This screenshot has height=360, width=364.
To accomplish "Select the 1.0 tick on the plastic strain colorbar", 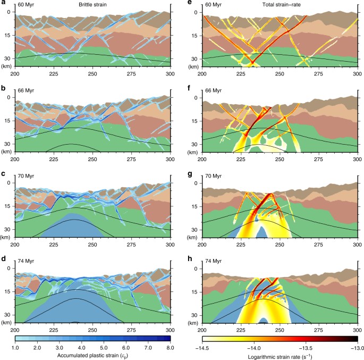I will coord(15,346).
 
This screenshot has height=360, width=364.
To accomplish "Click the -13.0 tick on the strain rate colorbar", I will coord(357,346).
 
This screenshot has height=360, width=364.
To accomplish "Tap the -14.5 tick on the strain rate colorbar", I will coord(202,346).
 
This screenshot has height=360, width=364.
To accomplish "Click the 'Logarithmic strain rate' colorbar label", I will coord(280,355).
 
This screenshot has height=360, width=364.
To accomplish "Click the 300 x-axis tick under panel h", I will coord(357,329).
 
